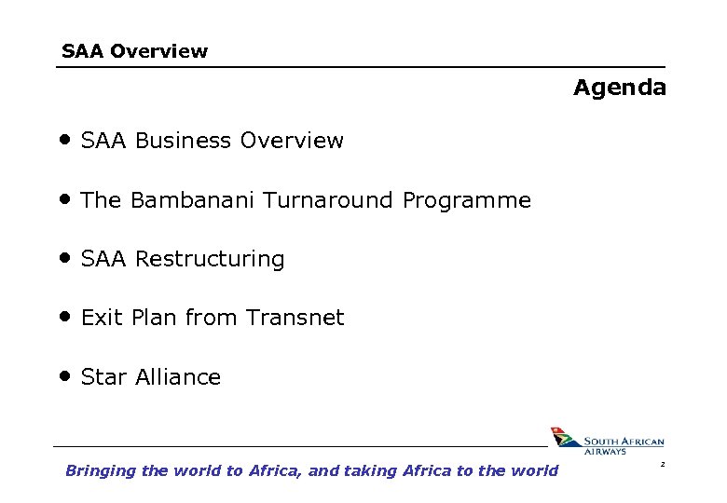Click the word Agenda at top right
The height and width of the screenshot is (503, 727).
[x=620, y=88]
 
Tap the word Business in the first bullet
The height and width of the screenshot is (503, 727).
[x=184, y=141]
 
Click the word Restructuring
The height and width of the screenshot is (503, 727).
[x=210, y=259]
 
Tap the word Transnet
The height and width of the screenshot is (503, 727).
[x=295, y=318]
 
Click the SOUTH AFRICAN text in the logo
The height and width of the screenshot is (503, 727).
[x=624, y=442]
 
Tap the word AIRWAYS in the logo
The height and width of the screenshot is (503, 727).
[x=606, y=452]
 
